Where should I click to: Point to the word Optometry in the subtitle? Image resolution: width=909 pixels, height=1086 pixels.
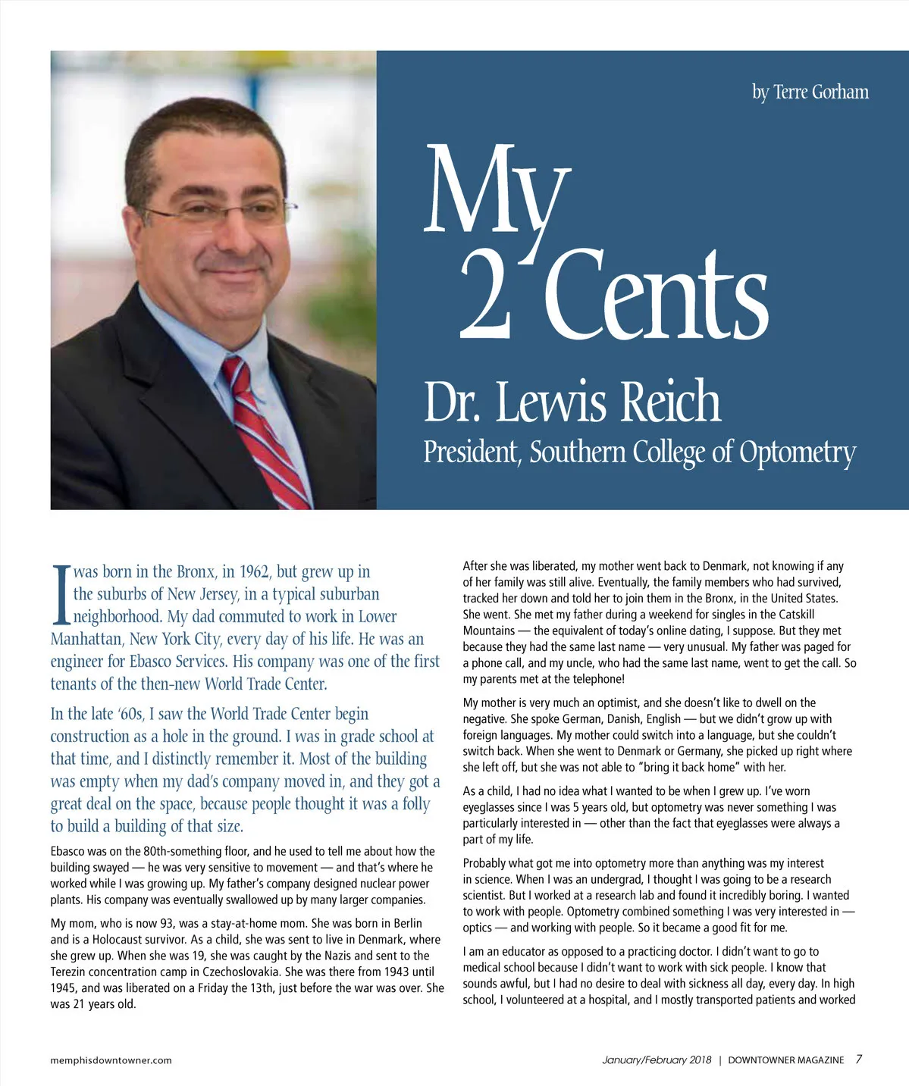797,452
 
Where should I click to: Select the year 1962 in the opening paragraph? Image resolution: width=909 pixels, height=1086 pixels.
254,571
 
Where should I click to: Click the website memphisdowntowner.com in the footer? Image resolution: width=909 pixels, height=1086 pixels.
111,1060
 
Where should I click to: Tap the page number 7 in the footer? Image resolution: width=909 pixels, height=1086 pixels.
858,1059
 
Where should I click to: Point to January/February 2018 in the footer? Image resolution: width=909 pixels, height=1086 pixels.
657,1060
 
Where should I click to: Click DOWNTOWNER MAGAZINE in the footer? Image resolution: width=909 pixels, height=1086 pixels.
785,1060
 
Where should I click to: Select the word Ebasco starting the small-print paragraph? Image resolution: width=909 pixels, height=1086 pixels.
70,851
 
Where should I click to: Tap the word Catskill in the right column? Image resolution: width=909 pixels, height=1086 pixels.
794,615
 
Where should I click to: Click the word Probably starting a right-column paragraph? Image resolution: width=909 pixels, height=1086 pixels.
487,863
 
